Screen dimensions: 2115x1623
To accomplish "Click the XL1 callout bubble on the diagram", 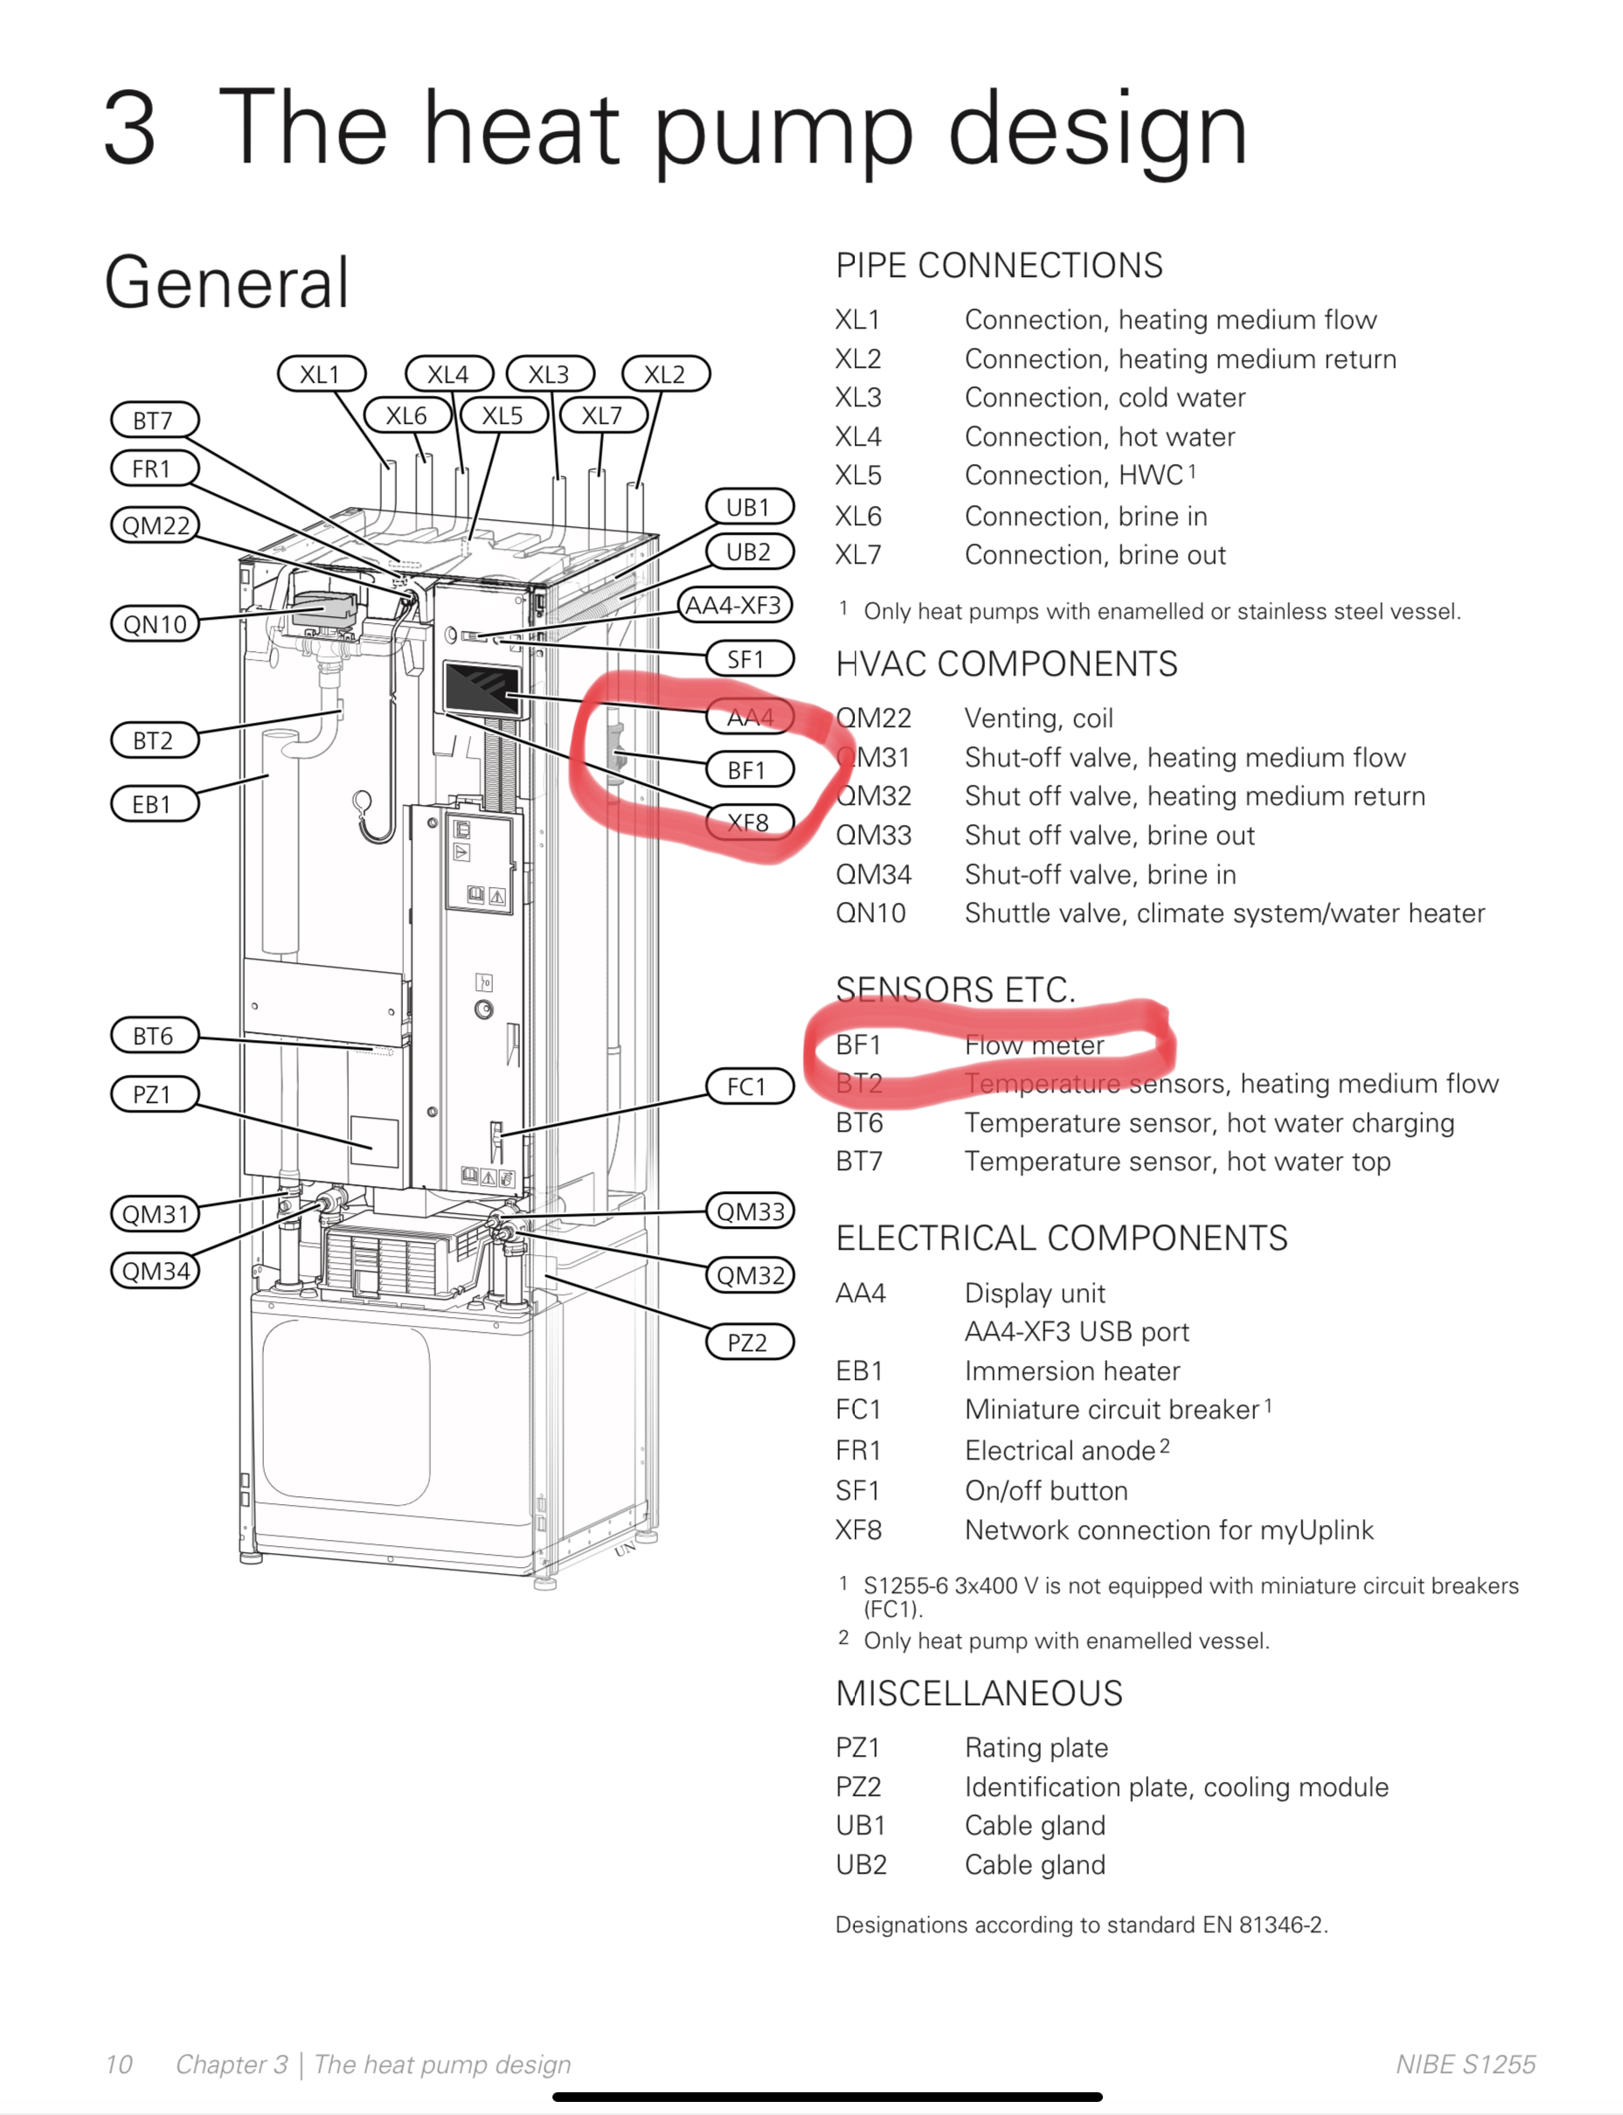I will point(321,374).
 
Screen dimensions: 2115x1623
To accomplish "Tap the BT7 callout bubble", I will point(155,420).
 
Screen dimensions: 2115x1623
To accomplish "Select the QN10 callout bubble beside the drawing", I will point(155,624).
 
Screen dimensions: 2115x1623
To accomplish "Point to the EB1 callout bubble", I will point(155,804).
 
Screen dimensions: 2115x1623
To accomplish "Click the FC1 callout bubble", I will point(749,1086).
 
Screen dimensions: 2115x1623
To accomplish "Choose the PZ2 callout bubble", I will point(749,1342).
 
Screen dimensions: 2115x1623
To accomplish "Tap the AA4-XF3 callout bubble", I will point(734,606).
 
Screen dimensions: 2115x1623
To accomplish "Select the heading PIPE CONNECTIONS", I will point(999,266).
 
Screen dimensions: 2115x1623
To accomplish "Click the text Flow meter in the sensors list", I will point(1034,1044).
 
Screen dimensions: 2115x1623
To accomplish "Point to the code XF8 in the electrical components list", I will point(858,1530).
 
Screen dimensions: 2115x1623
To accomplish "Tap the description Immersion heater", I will point(1072,1371).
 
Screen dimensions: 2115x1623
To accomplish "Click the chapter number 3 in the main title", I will point(129,128).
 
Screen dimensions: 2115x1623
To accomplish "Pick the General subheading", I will point(226,282).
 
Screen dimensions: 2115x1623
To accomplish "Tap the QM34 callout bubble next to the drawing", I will point(155,1271).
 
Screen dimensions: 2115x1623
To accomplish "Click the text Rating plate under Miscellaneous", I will point(1036,1748).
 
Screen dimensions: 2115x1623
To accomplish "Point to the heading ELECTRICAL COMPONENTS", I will point(1061,1238).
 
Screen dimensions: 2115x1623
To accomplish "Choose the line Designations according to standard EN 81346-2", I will point(1081,1924).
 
